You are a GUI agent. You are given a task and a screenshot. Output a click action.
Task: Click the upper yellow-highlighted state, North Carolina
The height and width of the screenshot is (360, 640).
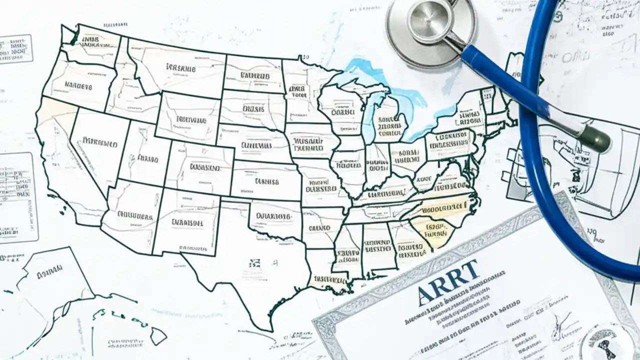coord(442,206)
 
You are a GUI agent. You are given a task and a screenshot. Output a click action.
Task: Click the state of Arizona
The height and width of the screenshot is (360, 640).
coord(132,215)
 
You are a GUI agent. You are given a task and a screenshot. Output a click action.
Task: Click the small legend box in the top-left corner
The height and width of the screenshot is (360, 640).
coord(15,48)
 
